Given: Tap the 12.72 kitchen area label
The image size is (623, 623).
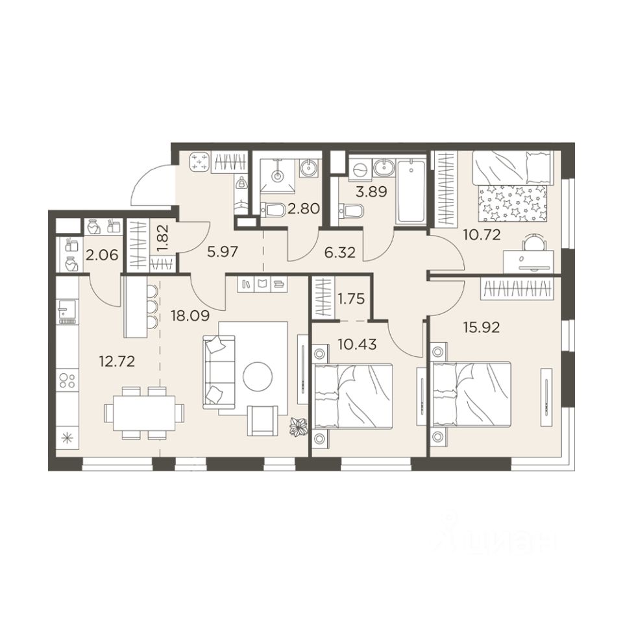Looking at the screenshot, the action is pyautogui.click(x=117, y=361).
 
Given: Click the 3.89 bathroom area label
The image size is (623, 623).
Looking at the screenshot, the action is pyautogui.click(x=371, y=192).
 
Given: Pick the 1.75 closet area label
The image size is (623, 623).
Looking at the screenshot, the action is pyautogui.click(x=350, y=299).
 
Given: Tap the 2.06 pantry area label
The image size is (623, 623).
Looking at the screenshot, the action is pyautogui.click(x=102, y=254).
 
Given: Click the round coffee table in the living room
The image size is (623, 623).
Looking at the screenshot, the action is pyautogui.click(x=258, y=376).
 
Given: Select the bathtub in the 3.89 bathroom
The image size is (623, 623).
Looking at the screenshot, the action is pyautogui.click(x=411, y=191).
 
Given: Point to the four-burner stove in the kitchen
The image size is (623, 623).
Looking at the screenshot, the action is pyautogui.click(x=67, y=380).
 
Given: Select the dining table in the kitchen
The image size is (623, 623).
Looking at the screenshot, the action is pyautogui.click(x=144, y=413).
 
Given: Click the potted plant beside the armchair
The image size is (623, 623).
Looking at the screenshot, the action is pyautogui.click(x=299, y=428).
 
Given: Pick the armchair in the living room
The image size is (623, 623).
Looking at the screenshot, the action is pyautogui.click(x=262, y=421).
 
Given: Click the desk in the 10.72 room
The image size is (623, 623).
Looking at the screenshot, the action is pyautogui.click(x=528, y=262).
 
